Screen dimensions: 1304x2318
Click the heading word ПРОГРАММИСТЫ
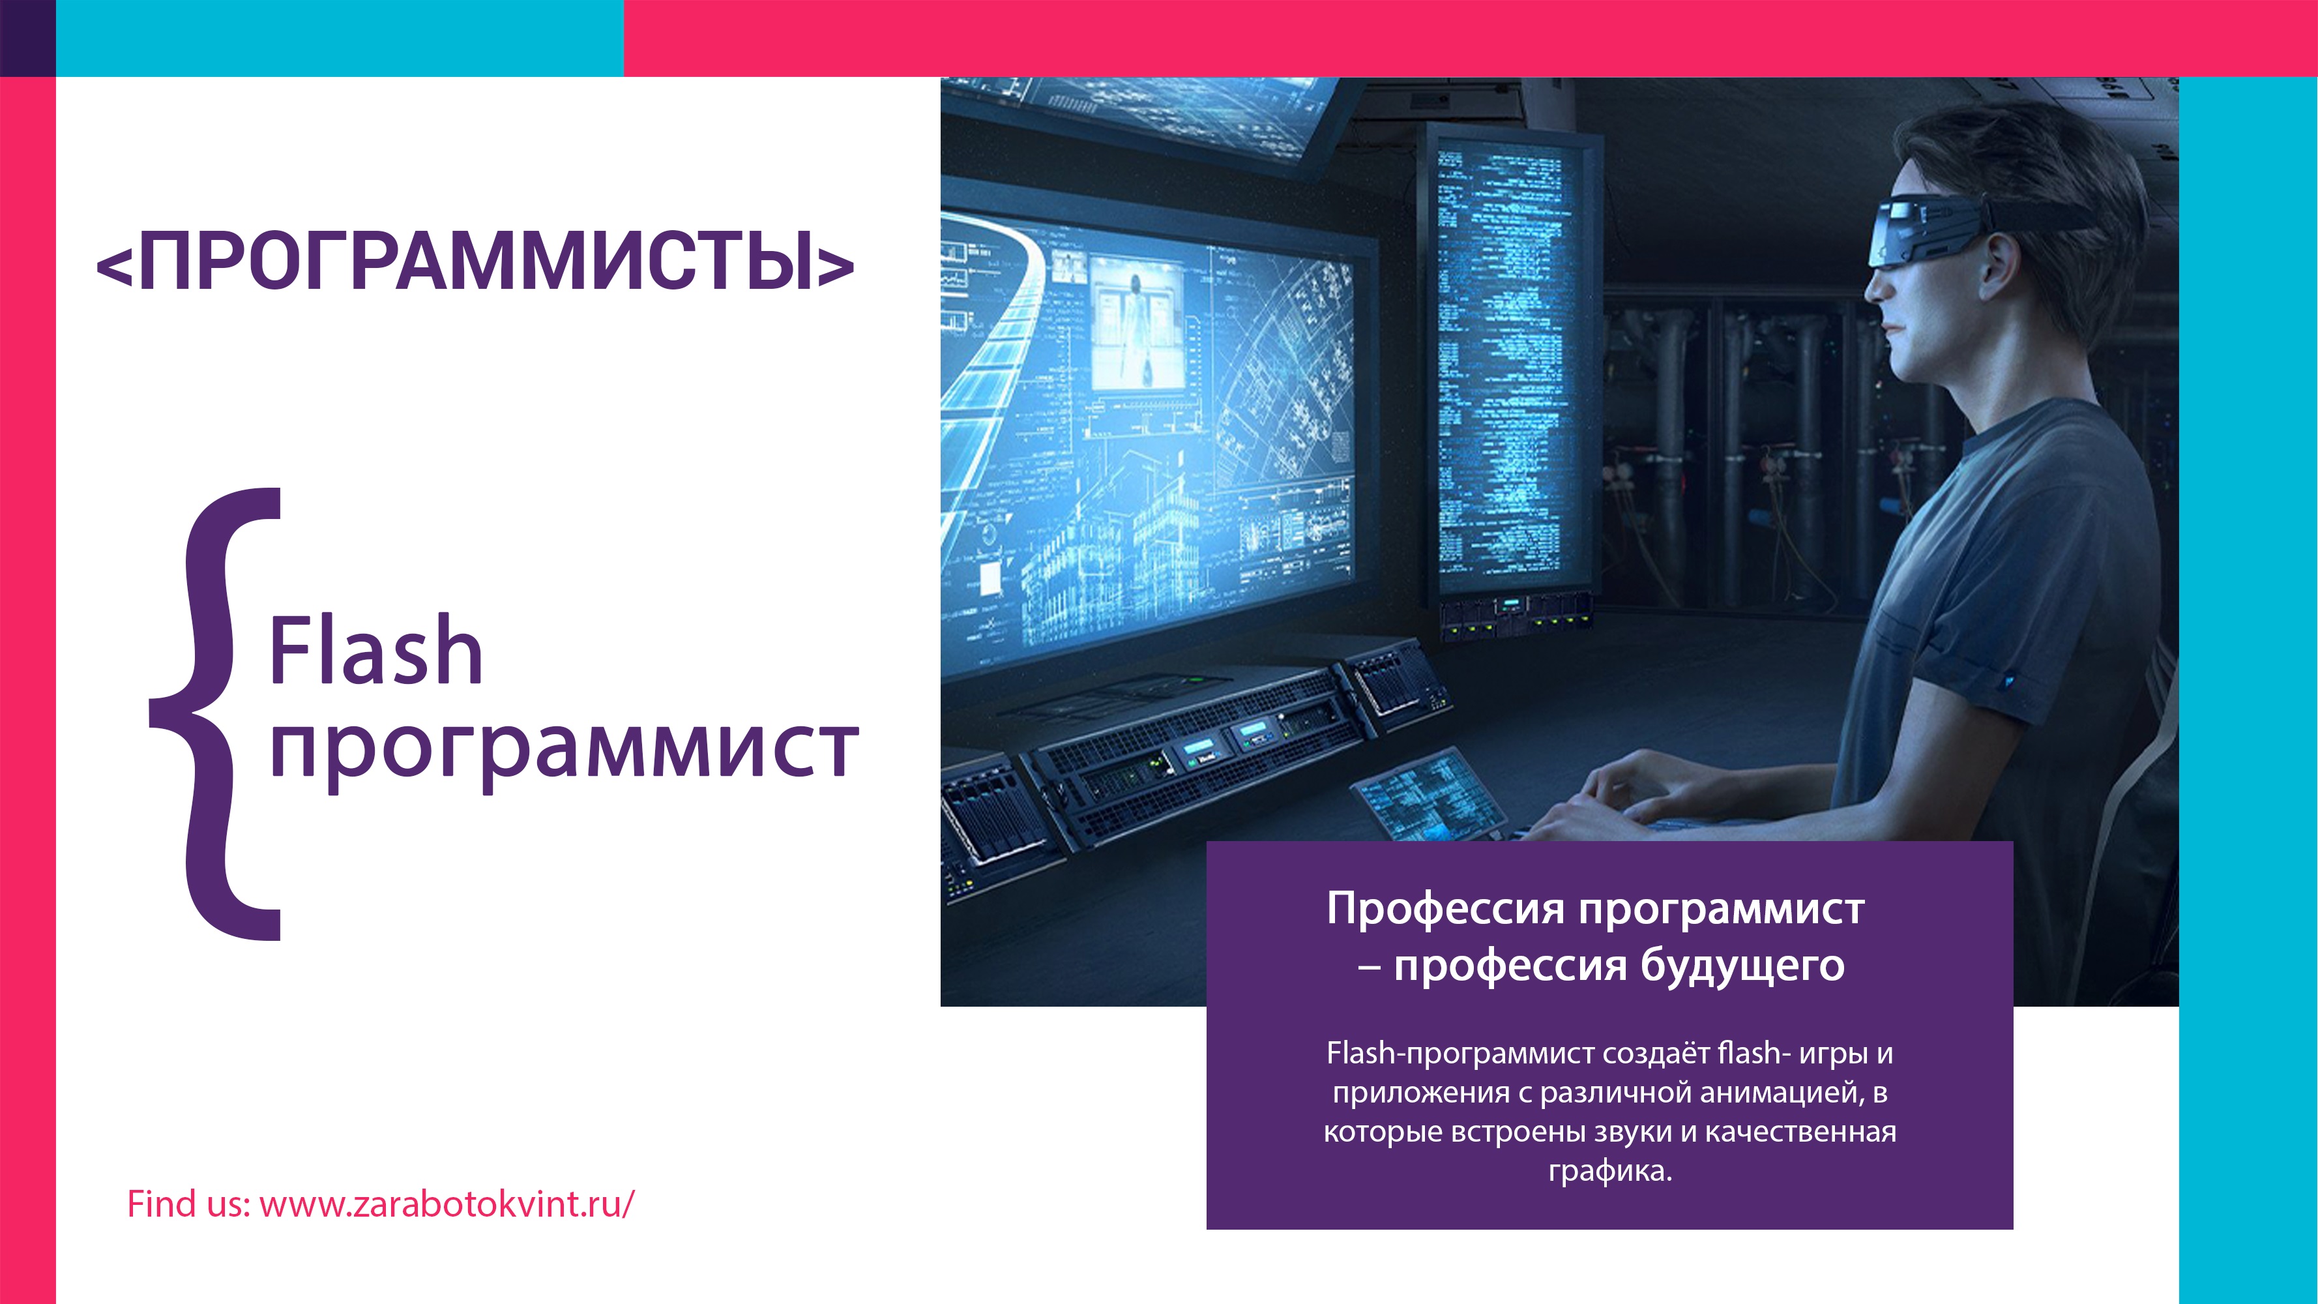(477, 262)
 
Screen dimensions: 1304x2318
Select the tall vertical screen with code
(1504, 360)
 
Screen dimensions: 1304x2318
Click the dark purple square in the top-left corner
(27, 38)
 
